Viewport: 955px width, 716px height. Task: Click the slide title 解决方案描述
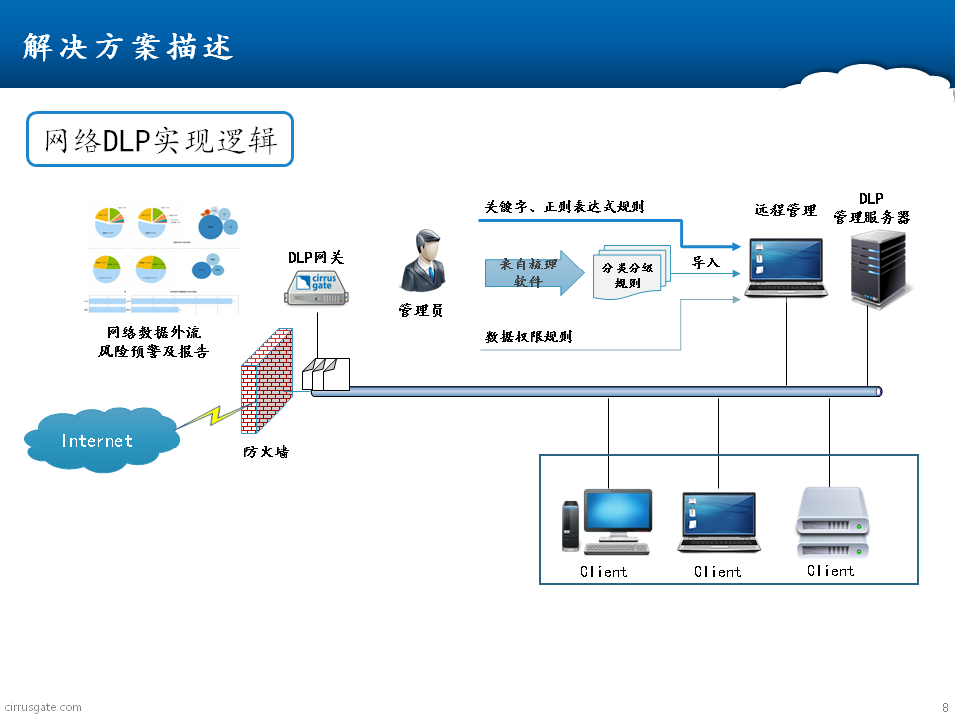click(127, 47)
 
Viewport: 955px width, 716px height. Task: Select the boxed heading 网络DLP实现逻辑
click(160, 139)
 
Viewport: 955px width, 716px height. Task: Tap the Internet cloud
click(96, 439)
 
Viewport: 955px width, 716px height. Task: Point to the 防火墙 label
click(266, 451)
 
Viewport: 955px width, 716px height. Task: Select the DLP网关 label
click(315, 258)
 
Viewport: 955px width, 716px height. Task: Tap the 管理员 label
click(420, 311)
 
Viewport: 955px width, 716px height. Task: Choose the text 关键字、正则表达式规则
click(564, 207)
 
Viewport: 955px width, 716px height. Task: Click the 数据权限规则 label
click(528, 337)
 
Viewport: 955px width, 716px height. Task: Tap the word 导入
click(706, 263)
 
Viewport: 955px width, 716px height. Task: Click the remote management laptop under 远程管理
click(786, 268)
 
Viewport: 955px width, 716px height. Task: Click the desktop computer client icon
click(606, 520)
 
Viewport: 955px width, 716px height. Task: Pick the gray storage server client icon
click(832, 522)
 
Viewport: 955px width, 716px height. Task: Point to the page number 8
click(944, 707)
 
